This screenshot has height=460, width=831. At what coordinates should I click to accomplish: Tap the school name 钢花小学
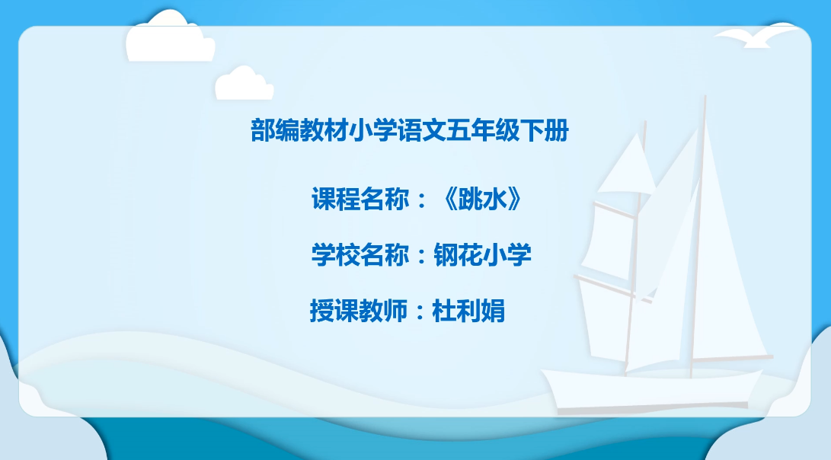tap(482, 255)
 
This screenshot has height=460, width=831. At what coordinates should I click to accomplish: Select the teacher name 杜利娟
tap(468, 311)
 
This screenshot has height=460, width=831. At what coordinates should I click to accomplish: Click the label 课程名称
tap(360, 200)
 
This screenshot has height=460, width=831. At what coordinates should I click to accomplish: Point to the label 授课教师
tap(359, 311)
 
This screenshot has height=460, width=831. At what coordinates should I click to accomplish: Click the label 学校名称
tap(360, 255)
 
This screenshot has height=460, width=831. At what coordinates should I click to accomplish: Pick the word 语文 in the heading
tap(422, 130)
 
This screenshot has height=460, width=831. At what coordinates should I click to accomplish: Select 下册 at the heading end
tap(545, 130)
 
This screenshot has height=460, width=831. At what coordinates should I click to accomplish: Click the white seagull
tap(757, 36)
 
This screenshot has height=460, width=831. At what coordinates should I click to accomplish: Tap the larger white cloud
tap(170, 37)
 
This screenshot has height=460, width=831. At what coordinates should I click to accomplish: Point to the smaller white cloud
tap(244, 84)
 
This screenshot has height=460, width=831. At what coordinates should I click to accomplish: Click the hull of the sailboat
tap(652, 389)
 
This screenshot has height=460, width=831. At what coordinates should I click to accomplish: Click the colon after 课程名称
tap(422, 200)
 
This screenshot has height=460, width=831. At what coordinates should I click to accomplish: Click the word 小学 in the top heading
tap(373, 130)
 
